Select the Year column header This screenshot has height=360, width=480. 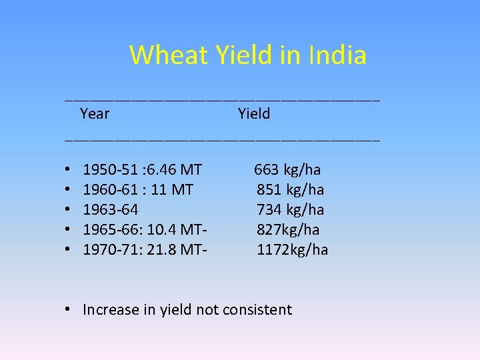click(95, 114)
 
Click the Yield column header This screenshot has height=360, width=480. click(254, 114)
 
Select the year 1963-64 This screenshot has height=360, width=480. click(111, 210)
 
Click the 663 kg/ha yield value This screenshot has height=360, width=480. click(287, 170)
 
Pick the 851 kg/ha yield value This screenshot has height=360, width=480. click(291, 190)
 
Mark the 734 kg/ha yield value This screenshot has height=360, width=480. click(291, 210)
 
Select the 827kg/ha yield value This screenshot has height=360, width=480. click(288, 230)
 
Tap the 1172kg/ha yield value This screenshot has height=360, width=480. click(293, 250)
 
